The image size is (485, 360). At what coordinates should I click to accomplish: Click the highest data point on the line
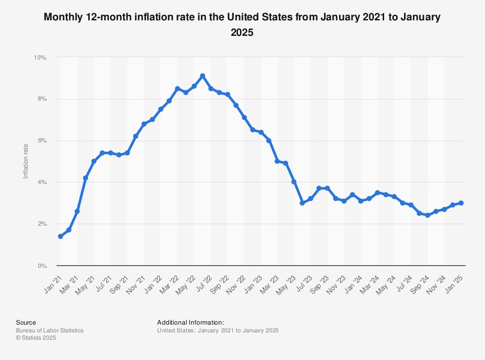point(202,76)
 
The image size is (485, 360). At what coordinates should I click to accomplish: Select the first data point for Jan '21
point(60,236)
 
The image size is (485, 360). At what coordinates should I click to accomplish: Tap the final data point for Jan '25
point(461,203)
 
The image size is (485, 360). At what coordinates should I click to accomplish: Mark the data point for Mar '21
point(77,211)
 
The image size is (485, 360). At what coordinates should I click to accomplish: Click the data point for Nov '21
point(144,124)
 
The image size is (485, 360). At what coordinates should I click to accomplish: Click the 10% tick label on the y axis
point(40,57)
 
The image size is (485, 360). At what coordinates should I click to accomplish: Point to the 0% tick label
point(41,266)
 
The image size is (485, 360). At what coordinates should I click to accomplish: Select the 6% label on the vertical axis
point(41,141)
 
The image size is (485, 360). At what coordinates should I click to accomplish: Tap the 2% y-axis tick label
point(41,224)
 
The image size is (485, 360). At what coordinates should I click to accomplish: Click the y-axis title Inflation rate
point(26,161)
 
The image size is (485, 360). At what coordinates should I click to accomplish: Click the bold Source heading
point(26,322)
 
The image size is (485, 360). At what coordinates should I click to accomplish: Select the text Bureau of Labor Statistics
point(49,330)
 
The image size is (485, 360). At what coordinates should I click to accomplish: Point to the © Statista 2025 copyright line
point(36,338)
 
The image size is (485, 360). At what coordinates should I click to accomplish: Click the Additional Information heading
point(190,322)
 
